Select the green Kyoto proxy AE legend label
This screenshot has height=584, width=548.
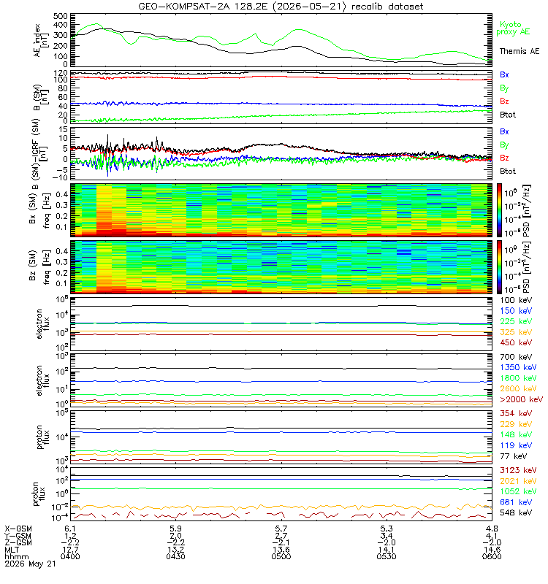513,28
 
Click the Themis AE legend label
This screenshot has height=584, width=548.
520,51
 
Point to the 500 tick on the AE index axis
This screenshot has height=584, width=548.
61,16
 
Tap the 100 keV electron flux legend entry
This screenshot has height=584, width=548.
516,300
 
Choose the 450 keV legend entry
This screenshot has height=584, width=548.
516,342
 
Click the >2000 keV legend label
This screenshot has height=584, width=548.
521,399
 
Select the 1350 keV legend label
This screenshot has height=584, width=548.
518,368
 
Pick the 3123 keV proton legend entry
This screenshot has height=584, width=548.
518,470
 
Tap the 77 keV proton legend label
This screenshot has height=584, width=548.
514,456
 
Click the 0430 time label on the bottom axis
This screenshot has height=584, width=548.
175,556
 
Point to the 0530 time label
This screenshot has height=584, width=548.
387,556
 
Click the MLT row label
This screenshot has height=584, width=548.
12,550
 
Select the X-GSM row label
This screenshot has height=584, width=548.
18,529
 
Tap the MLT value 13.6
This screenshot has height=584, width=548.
281,550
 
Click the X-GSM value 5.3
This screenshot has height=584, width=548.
387,529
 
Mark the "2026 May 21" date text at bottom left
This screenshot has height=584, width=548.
30,564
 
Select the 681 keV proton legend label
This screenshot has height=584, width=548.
516,502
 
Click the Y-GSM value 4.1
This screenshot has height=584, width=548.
492,536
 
